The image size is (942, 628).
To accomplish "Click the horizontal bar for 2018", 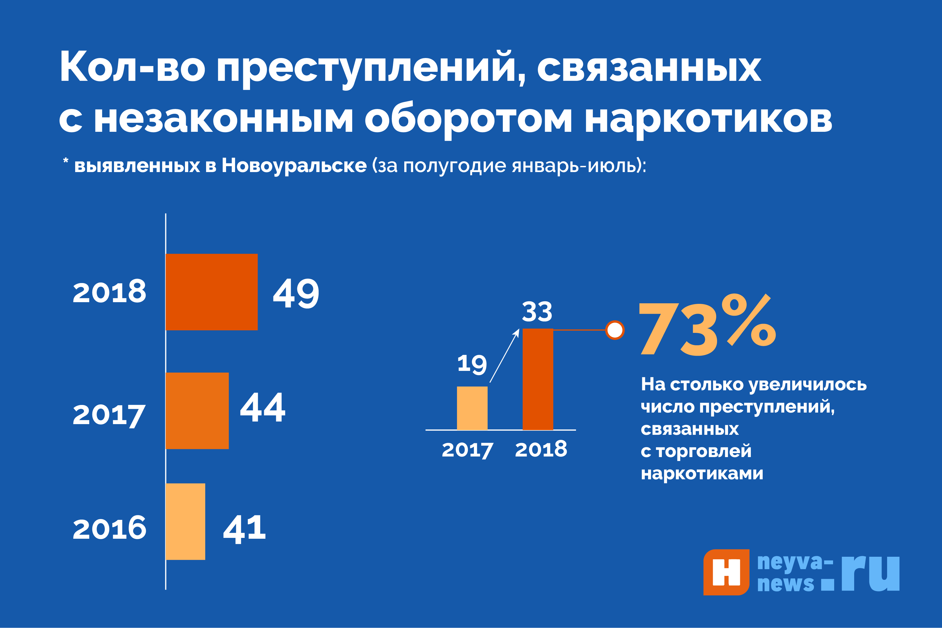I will click(211, 292).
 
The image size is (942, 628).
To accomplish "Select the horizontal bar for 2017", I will click(197, 411).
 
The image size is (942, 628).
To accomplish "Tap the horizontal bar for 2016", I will click(185, 522).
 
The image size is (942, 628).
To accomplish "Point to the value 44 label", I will click(263, 408).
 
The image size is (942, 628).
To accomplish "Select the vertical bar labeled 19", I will click(472, 408).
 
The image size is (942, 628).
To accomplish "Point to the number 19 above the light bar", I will click(472, 364).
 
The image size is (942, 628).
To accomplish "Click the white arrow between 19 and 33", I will click(505, 355).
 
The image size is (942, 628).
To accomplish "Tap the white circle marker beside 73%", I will click(615, 330).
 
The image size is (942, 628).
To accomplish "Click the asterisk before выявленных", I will click(66, 161).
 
